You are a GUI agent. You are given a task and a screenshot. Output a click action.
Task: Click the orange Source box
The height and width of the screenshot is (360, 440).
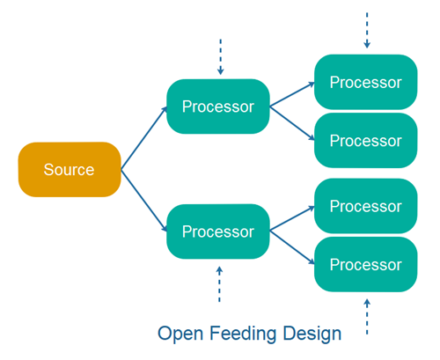click(x=69, y=169)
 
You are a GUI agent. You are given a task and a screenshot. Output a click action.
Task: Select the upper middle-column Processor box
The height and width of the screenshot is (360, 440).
click(x=217, y=107)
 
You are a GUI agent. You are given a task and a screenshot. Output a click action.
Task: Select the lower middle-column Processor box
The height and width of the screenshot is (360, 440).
click(x=217, y=231)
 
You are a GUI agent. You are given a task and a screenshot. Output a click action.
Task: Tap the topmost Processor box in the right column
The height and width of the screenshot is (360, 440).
click(x=365, y=82)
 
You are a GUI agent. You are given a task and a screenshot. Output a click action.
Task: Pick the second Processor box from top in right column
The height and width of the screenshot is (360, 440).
click(x=365, y=140)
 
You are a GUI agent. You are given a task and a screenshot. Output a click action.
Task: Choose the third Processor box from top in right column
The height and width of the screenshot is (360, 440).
click(x=365, y=206)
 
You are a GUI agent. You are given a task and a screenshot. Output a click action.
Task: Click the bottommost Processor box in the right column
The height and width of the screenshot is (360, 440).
click(x=365, y=264)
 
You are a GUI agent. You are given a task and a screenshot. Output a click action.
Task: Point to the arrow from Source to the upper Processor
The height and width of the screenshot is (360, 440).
click(x=143, y=137)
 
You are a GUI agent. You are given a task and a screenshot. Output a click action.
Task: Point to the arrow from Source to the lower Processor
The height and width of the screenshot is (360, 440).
click(x=143, y=200)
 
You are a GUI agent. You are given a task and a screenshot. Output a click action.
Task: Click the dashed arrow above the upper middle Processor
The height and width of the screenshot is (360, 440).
click(x=220, y=57)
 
